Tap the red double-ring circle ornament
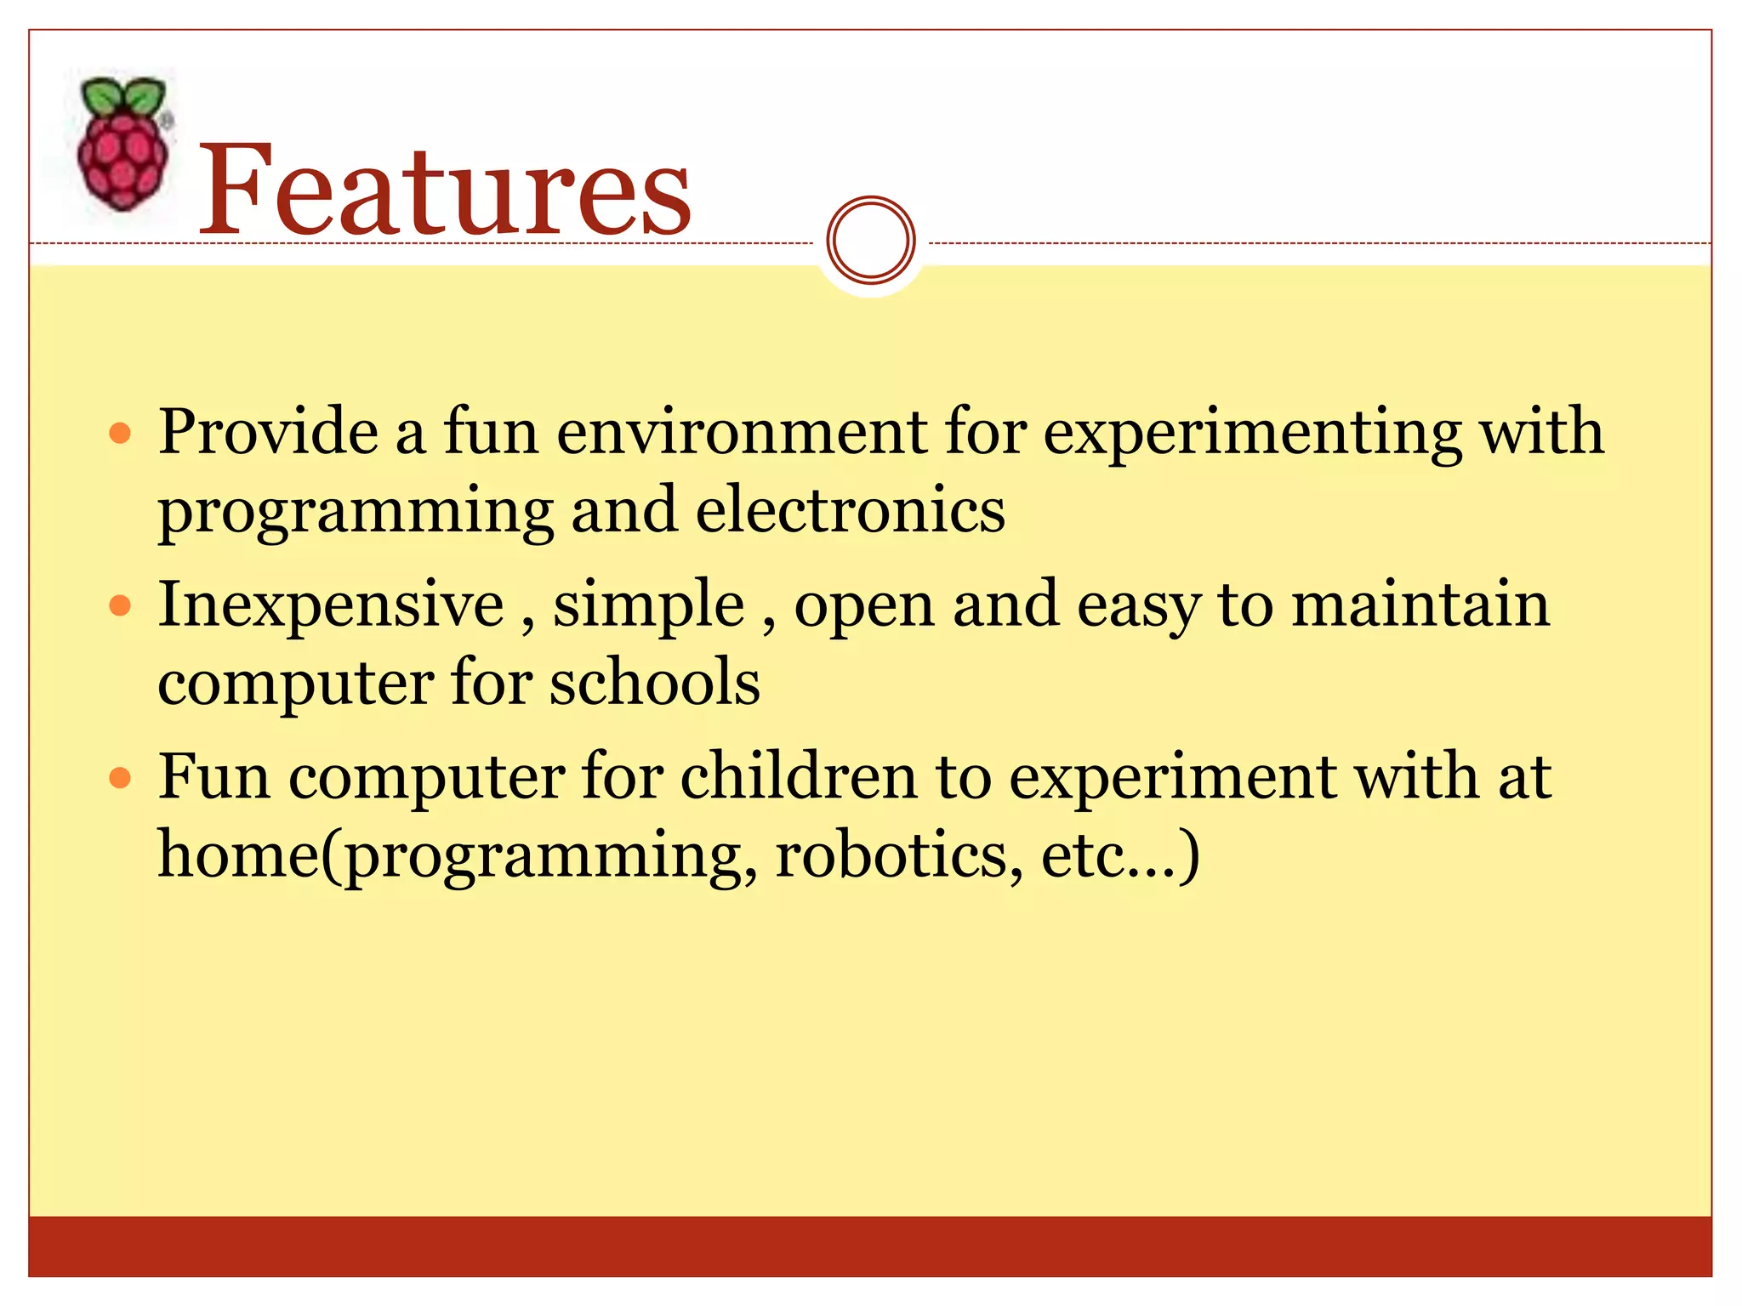coord(870,240)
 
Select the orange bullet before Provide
coord(121,434)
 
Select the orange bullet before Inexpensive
coord(121,606)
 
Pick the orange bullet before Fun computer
coord(121,778)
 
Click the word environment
coord(742,432)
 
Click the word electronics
coord(851,510)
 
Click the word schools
coord(654,682)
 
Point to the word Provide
coord(268,432)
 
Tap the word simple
coord(649,605)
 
